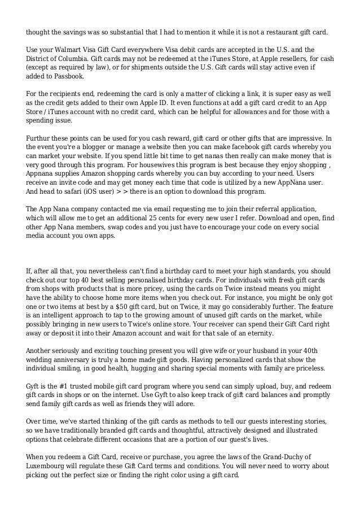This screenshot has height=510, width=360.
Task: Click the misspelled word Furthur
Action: [41, 138]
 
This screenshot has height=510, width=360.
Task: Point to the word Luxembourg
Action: [49, 466]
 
